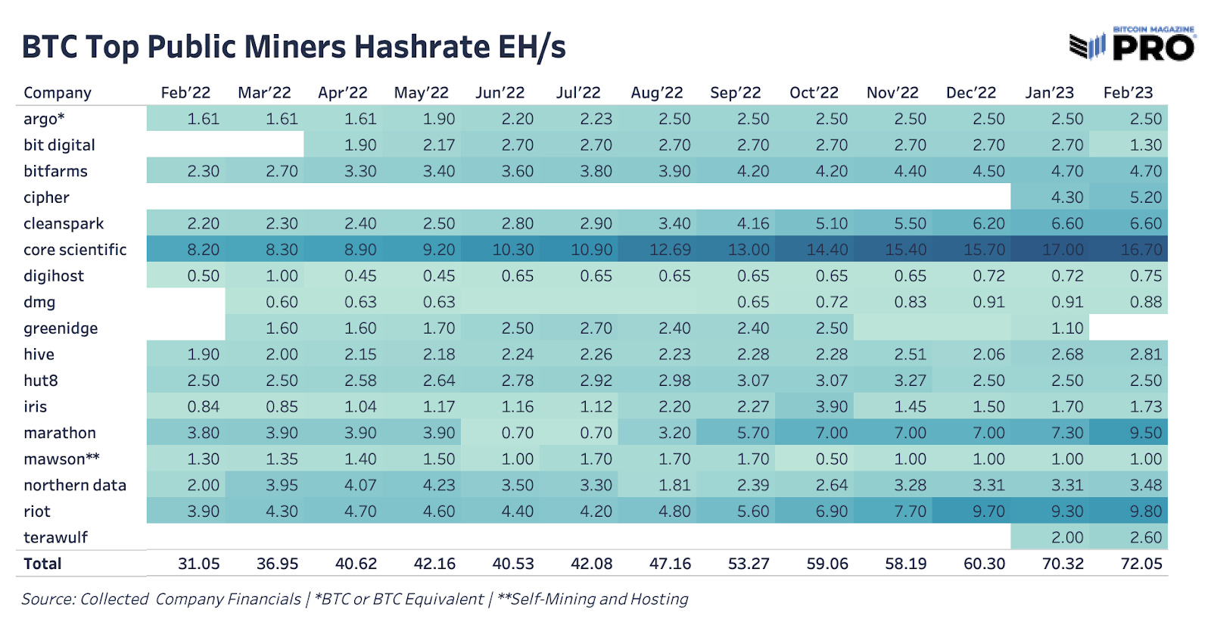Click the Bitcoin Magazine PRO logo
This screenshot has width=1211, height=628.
click(x=1132, y=45)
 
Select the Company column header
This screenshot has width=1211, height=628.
click(x=58, y=93)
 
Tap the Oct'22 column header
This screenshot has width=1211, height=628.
click(x=814, y=93)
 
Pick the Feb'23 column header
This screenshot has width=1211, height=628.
click(x=1128, y=93)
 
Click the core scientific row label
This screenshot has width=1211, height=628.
click(x=75, y=250)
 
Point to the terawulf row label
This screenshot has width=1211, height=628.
click(x=55, y=538)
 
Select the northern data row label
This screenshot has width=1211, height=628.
click(x=75, y=486)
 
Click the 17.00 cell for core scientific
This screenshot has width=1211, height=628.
click(x=1063, y=250)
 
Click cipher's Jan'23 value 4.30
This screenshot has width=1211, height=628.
click(x=1067, y=197)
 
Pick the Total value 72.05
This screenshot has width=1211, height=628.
click(x=1141, y=564)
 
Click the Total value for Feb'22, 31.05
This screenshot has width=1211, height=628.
click(x=199, y=564)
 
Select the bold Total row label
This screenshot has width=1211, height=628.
click(x=42, y=564)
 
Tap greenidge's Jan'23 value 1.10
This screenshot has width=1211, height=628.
click(x=1067, y=328)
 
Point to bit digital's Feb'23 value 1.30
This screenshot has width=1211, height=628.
click(x=1145, y=145)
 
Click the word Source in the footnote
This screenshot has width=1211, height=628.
click(x=47, y=599)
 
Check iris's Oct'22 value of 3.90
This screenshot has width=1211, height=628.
click(x=831, y=407)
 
